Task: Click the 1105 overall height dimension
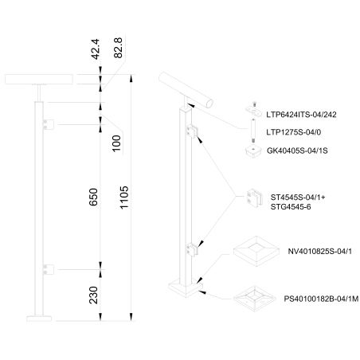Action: [124, 198]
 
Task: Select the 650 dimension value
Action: [93, 197]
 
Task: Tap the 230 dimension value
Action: [93, 295]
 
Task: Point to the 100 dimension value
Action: [116, 143]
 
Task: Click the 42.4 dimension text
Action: [96, 49]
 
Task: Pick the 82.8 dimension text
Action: [118, 48]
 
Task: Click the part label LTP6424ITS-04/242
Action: [301, 115]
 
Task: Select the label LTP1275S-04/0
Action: [294, 132]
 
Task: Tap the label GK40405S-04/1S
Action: [297, 151]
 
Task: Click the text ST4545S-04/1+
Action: [298, 198]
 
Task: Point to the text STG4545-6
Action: [291, 207]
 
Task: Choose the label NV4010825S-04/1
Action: [320, 252]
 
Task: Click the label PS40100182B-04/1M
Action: [321, 299]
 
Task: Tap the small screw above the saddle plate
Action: [254, 104]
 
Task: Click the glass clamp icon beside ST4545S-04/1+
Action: [254, 198]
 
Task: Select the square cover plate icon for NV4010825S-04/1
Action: [256, 251]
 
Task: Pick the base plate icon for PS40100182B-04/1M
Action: [255, 299]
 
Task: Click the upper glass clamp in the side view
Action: [49, 124]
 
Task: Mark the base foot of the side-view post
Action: [39, 319]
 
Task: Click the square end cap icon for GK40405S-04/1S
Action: [254, 151]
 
